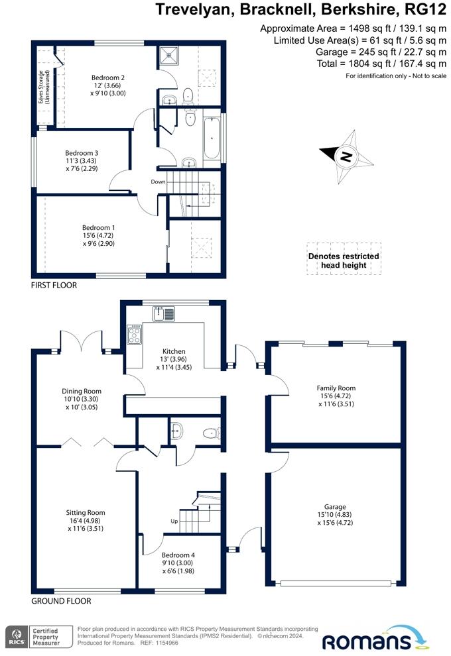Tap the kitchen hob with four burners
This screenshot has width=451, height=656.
(134, 335)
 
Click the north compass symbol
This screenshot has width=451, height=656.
(344, 157)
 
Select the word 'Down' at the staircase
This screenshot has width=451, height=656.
(158, 182)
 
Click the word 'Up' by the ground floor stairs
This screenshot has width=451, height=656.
(175, 521)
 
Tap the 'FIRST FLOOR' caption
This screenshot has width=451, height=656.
(54, 286)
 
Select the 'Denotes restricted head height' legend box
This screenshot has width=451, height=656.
(344, 260)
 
